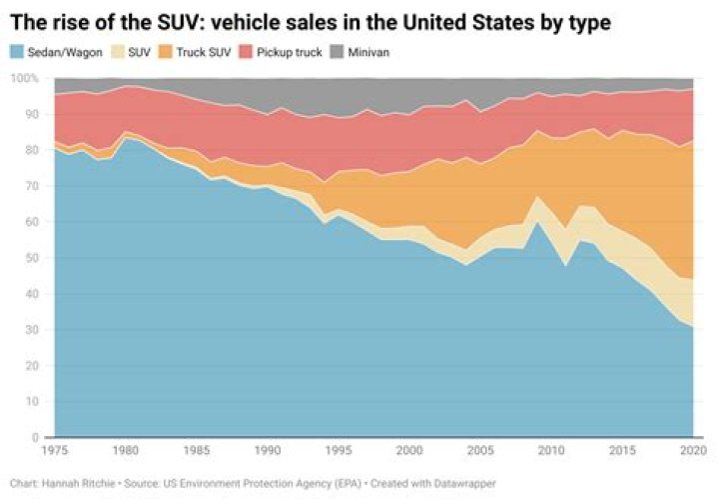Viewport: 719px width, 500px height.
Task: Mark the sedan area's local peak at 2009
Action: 537,223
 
